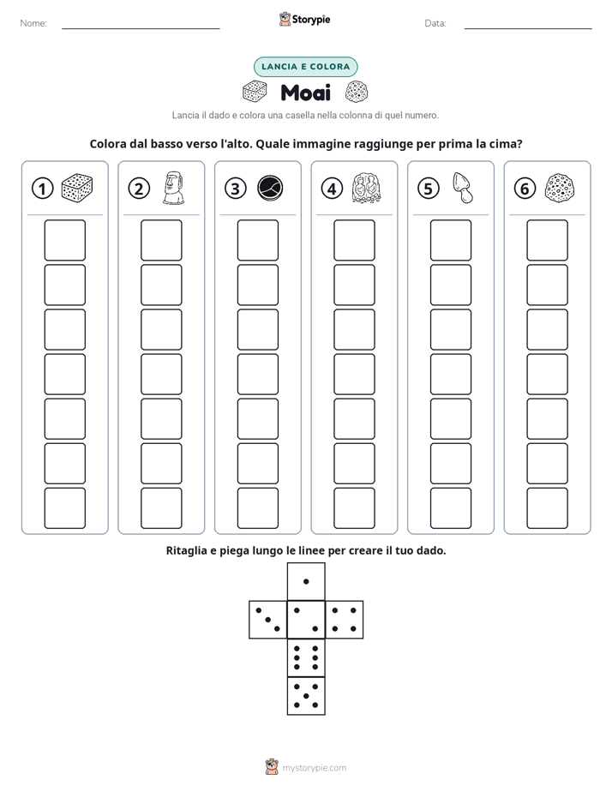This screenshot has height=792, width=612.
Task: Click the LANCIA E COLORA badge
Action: [305, 67]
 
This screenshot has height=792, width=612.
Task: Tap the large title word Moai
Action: [305, 93]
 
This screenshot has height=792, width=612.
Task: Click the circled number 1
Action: [42, 189]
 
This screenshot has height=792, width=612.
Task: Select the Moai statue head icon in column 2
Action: [174, 188]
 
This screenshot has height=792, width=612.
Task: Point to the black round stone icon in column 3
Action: [270, 189]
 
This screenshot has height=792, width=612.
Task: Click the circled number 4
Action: [332, 189]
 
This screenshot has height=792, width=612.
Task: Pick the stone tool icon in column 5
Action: [463, 188]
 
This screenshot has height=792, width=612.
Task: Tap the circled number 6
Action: [525, 189]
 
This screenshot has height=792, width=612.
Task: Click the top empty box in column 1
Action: [64, 240]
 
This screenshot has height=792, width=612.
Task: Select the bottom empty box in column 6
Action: [548, 508]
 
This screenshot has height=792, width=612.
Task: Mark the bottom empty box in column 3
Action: [257, 508]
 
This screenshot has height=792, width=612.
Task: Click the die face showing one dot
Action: [306, 581]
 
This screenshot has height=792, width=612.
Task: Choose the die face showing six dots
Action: [306, 657]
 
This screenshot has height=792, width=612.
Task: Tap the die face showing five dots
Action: [306, 696]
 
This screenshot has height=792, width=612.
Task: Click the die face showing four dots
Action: [345, 620]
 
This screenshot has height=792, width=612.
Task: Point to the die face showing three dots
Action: [268, 620]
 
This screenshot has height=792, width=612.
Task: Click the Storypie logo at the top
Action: [304, 19]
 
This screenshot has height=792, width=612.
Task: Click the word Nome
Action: [33, 23]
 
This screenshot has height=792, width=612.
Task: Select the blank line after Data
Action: [528, 29]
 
